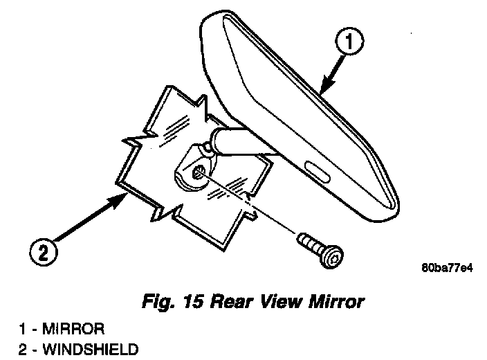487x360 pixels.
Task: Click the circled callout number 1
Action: [x=350, y=43]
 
